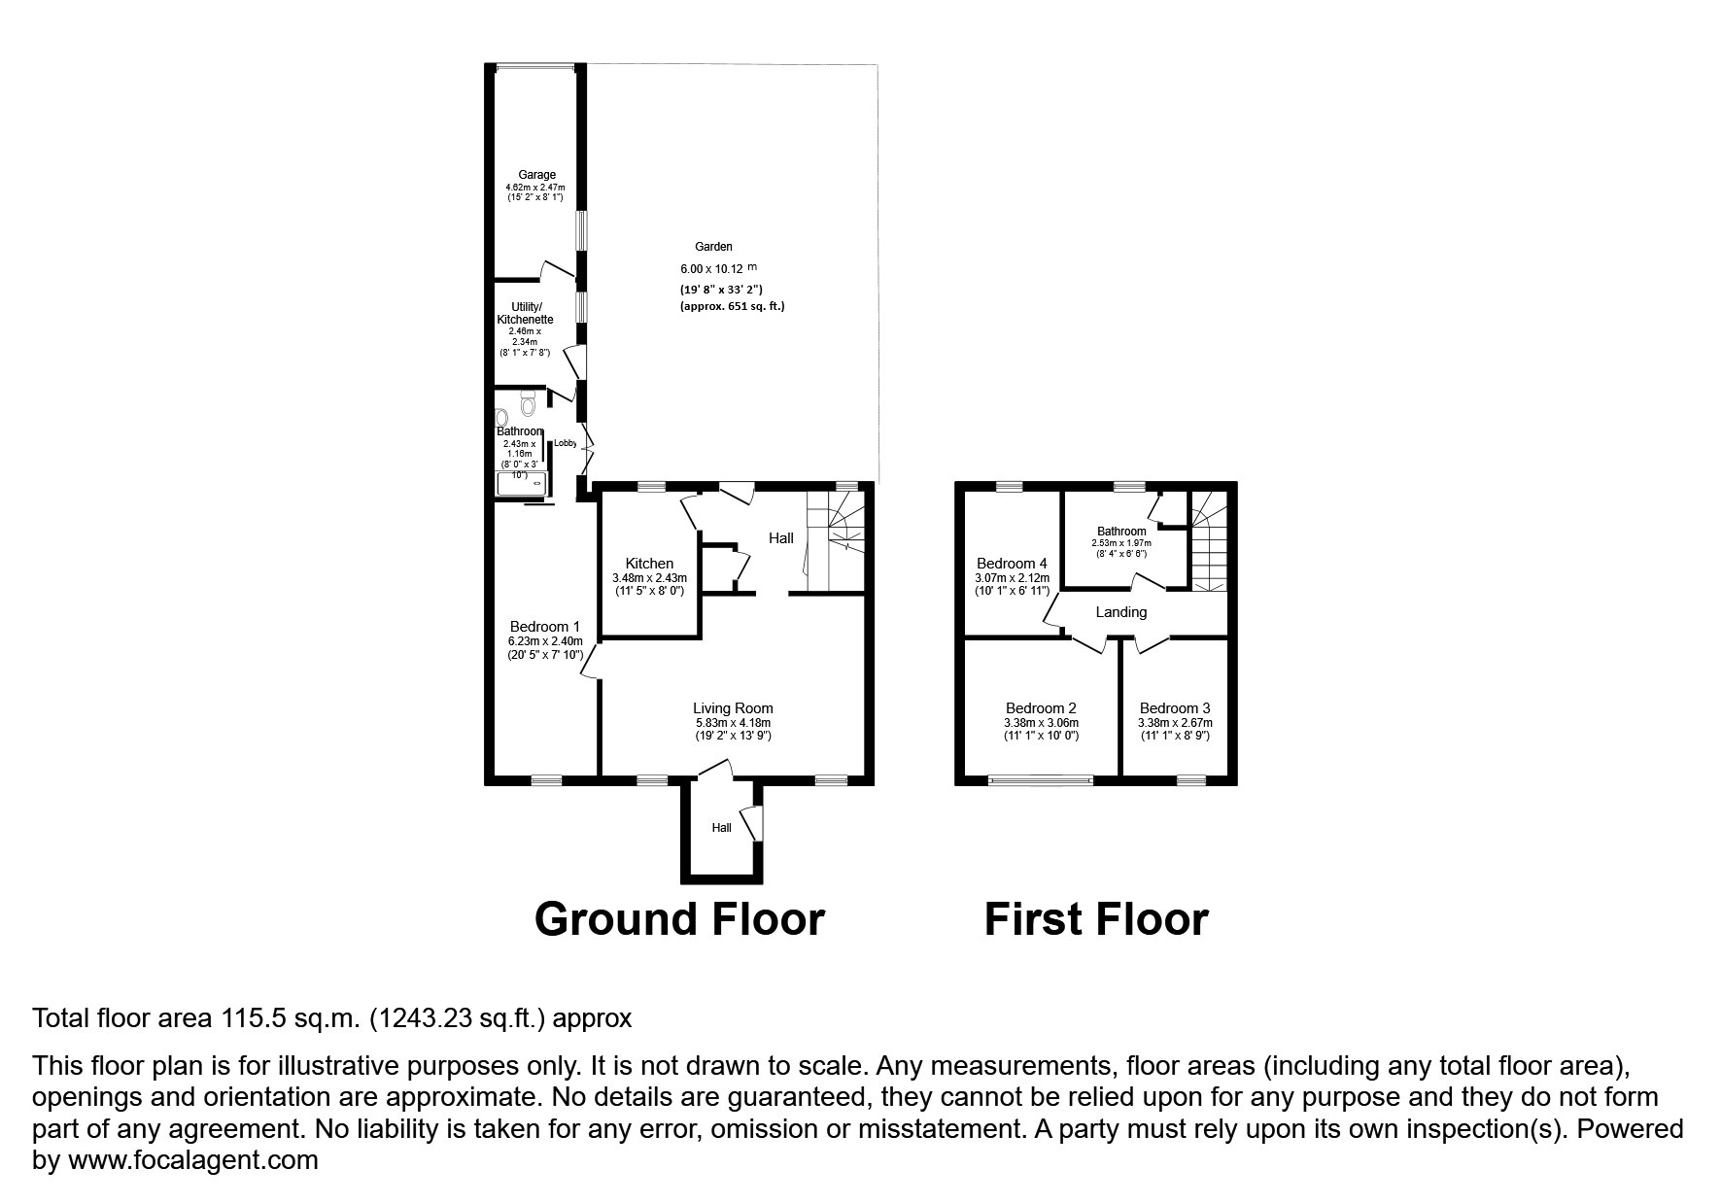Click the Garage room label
[x=536, y=175]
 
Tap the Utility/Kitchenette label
[x=525, y=313]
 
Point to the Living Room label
[x=733, y=708]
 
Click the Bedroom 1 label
[x=545, y=627]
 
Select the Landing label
[x=1120, y=612]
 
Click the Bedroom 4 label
[x=1012, y=564]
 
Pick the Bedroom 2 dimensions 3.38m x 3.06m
[x=1041, y=723]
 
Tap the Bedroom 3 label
[x=1175, y=708]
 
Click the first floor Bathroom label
[x=1121, y=532]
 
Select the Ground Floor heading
[x=679, y=919]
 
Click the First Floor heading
[x=1096, y=919]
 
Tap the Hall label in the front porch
[x=721, y=828]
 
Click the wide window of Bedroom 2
[x=1041, y=779]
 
